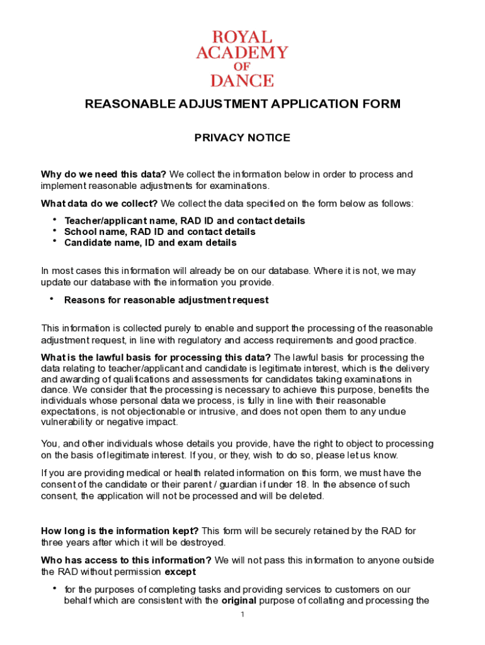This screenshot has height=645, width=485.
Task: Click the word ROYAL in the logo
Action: tap(242, 37)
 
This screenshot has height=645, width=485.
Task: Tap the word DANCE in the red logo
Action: tap(242, 81)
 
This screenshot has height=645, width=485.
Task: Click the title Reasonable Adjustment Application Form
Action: tap(243, 105)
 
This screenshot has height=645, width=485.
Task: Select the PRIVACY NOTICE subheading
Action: tap(242, 138)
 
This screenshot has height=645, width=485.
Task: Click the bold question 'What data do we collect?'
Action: tap(100, 203)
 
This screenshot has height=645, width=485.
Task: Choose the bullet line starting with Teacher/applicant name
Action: tap(185, 221)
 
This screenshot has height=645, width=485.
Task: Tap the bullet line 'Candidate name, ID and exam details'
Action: tap(151, 243)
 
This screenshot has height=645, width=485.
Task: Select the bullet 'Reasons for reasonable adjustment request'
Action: tap(166, 300)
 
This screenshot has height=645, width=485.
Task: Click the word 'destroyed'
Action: tap(202, 542)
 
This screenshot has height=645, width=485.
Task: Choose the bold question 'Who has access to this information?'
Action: tap(126, 561)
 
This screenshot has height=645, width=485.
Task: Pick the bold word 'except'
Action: tap(180, 572)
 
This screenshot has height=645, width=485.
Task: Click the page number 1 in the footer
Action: tap(242, 614)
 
